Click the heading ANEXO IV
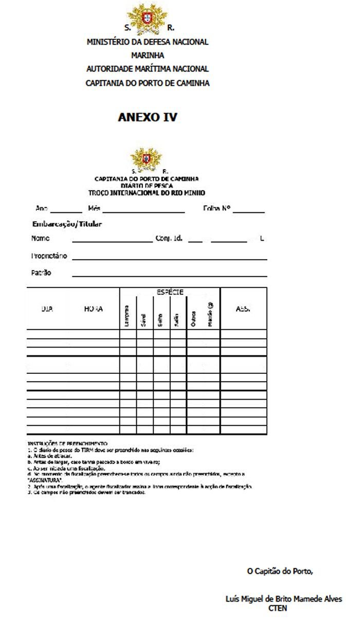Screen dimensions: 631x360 tap(148, 117)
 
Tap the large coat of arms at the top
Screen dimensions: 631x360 tap(147, 16)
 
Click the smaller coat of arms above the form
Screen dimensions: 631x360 tap(147, 157)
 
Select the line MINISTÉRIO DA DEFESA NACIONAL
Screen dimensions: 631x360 tap(148, 42)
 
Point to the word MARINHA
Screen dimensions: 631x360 tap(148, 56)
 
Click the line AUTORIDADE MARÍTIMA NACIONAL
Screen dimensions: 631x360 tap(148, 69)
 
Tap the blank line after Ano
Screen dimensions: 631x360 tap(66, 210)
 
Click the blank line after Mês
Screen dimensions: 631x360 tap(143, 210)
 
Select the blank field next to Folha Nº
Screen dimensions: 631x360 tap(251, 210)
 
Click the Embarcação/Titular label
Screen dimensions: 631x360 tap(67, 224)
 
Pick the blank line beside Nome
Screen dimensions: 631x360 tap(112, 240)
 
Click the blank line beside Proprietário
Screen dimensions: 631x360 tap(169, 257)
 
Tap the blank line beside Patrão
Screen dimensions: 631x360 tap(169, 275)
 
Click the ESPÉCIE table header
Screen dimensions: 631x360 tap(170, 292)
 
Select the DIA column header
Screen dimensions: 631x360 tap(47, 309)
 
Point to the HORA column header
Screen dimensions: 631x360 tap(93, 309)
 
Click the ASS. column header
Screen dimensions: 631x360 tap(243, 309)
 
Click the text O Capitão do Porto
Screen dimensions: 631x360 tap(280, 571)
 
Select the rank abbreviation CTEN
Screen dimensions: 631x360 tap(278, 608)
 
